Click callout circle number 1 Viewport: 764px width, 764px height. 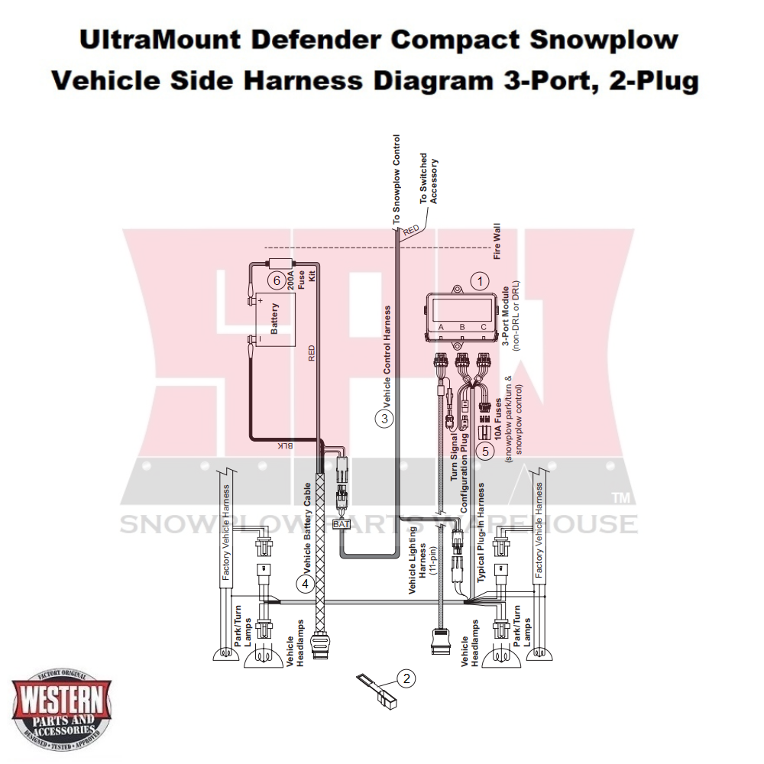479,281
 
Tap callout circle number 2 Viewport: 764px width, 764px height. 406,677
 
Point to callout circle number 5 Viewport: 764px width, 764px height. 484,451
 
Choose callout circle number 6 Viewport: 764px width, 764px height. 278,280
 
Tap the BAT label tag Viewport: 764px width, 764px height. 341,524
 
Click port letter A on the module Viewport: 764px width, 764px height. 440,327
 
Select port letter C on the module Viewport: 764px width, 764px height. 483,327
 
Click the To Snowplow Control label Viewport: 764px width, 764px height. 396,180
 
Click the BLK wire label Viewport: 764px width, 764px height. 283,445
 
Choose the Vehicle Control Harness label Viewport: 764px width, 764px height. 387,355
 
